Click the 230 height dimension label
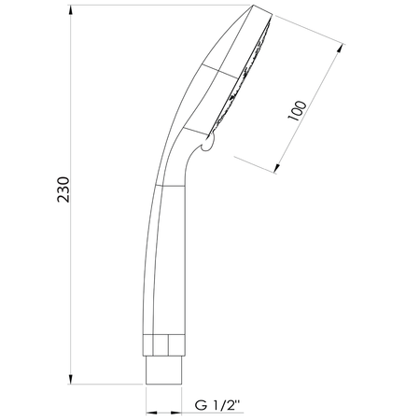63,189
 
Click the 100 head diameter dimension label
297,111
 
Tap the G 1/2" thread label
217,405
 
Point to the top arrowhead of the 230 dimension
71,11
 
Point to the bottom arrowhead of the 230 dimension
71,379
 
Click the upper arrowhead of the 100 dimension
341,49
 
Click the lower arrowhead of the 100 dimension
276,167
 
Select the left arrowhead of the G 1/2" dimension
151,413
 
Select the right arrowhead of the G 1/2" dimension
175,413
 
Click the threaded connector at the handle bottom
163,371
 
